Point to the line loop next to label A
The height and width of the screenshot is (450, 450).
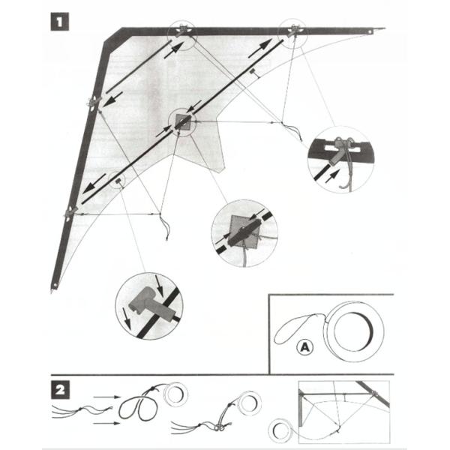(296, 329)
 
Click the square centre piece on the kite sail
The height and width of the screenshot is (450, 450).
(181, 121)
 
